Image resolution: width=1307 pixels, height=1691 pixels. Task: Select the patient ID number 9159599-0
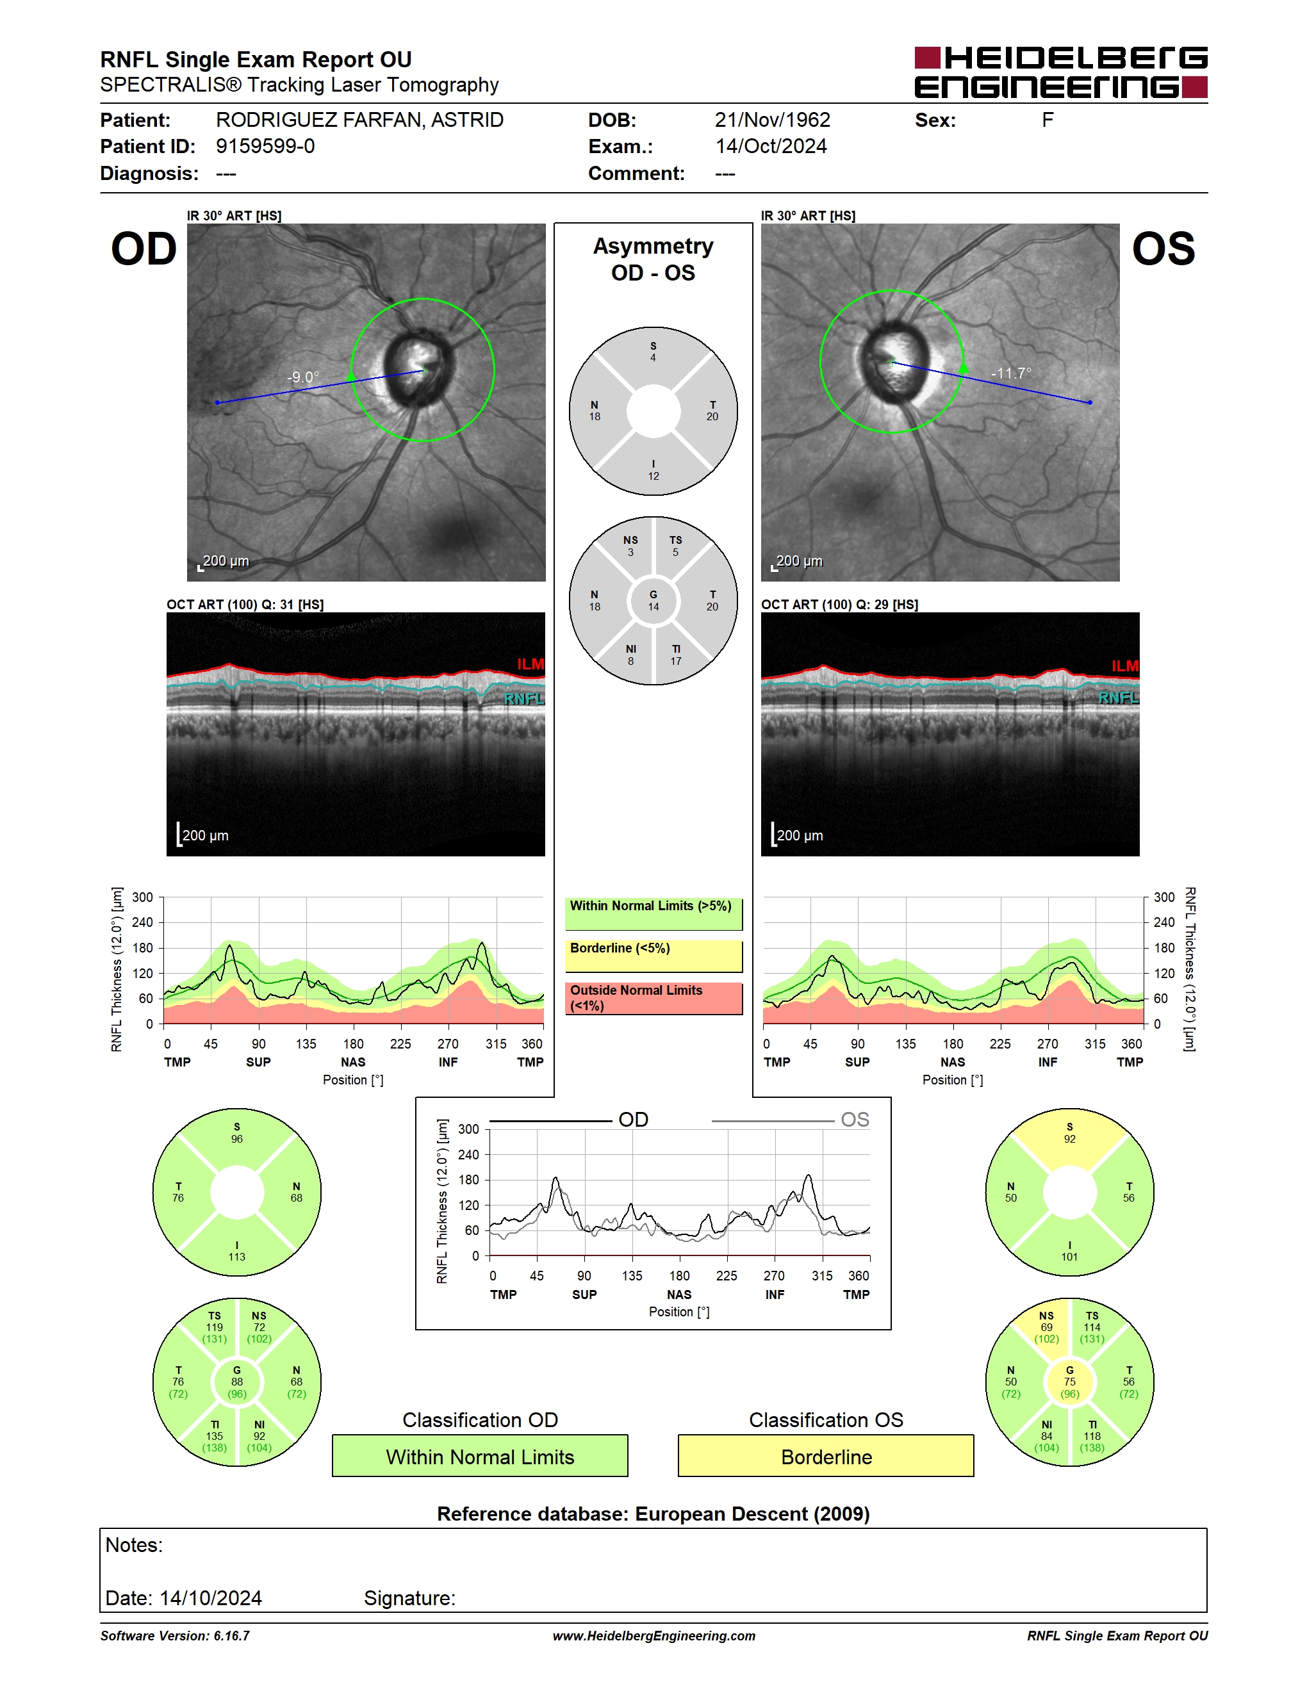pos(265,146)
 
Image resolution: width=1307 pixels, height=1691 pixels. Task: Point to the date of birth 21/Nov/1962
pos(772,120)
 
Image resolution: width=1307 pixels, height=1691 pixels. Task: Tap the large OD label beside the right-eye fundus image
pos(144,249)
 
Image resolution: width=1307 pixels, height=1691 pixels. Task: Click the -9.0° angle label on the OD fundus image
pos(303,377)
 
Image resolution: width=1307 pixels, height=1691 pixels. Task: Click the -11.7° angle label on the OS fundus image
pos(1011,373)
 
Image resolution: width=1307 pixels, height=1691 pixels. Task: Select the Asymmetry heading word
pos(653,246)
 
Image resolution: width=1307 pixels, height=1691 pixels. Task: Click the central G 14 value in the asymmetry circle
pos(653,601)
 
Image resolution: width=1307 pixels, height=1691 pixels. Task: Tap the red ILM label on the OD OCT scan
pos(530,664)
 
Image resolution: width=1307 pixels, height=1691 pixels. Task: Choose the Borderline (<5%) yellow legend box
pos(653,956)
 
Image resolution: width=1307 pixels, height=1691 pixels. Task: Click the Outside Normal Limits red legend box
pos(653,998)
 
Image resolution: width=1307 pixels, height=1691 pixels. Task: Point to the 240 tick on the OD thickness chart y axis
pos(142,922)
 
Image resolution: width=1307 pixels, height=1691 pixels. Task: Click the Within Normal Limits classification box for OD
pos(480,1457)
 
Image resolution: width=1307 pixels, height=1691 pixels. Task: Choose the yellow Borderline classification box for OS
pos(826,1457)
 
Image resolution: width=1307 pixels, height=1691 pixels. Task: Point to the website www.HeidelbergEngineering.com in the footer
pos(653,1636)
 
